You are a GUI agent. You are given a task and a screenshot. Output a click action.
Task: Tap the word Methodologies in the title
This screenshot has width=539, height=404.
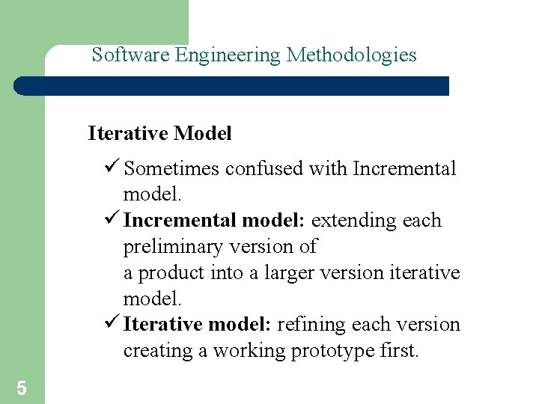click(352, 55)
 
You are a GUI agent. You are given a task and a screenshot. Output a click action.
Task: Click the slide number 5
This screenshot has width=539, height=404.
click(22, 388)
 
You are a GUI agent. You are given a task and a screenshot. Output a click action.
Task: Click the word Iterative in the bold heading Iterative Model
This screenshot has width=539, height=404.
click(128, 134)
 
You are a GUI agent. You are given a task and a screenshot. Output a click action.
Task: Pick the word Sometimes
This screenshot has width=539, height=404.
click(171, 169)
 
